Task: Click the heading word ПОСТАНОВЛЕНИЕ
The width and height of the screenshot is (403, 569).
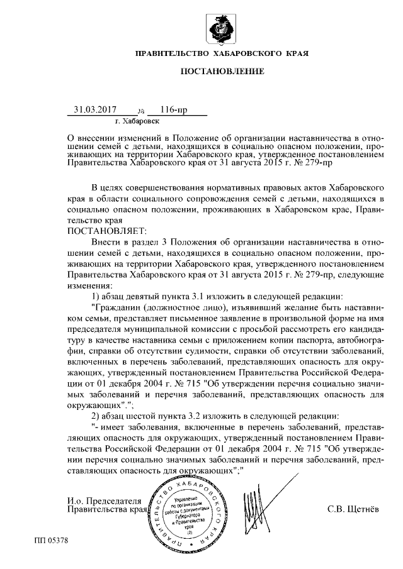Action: (222, 72)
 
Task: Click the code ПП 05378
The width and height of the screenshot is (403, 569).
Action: (51, 540)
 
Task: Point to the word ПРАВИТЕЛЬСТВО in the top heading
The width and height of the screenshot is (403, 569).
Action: (171, 54)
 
